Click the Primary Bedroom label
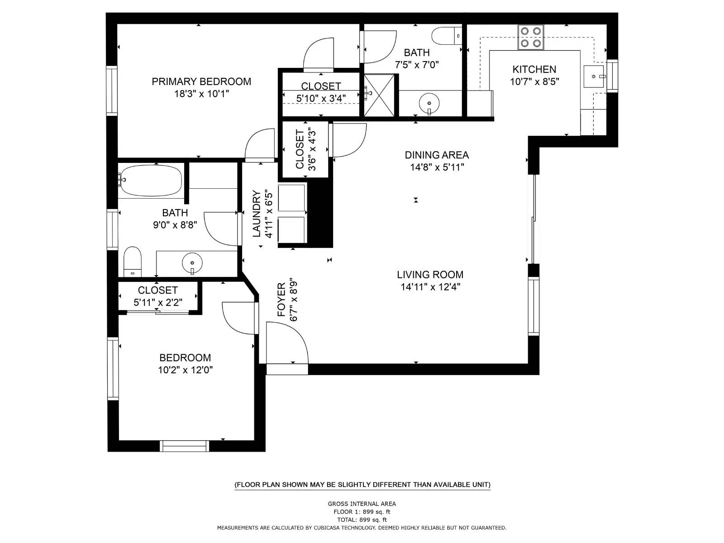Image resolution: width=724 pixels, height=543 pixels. tap(201, 81)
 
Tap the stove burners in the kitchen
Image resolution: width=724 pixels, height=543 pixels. tap(531, 37)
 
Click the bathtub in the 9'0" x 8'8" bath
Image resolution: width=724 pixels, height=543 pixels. tap(150, 180)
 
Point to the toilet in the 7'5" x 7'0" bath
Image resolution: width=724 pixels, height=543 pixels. tap(445, 36)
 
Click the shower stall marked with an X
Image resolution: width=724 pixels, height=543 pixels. tap(379, 95)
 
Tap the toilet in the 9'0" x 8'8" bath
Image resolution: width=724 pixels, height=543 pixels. tap(133, 262)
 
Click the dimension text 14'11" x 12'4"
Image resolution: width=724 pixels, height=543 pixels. tap(430, 286)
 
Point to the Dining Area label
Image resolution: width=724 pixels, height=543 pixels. tap(437, 155)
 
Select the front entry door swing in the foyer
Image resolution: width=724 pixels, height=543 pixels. tap(287, 343)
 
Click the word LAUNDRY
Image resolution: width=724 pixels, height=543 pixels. tap(257, 214)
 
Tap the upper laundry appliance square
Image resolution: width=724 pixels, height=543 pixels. tap(292, 198)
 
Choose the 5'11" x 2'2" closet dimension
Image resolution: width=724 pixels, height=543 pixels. tap(158, 302)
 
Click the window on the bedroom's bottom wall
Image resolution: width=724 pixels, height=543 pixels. tap(185, 446)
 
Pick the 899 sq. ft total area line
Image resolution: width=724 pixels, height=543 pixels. tap(362, 520)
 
